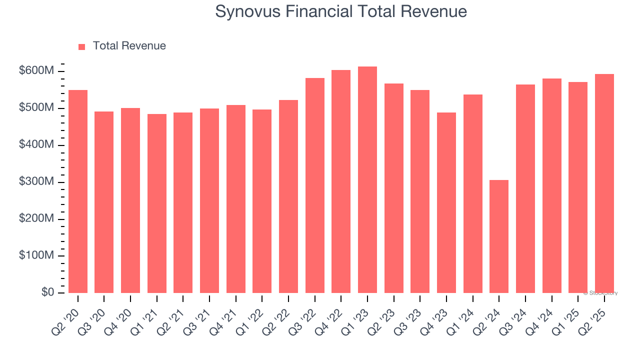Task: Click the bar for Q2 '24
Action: click(x=499, y=236)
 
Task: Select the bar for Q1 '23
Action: click(x=367, y=180)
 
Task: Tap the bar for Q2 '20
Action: click(x=78, y=191)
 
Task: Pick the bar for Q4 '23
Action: click(x=446, y=202)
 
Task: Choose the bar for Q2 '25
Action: click(x=604, y=183)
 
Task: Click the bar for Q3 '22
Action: click(x=315, y=185)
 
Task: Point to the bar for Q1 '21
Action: click(x=157, y=203)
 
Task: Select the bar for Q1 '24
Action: click(x=473, y=193)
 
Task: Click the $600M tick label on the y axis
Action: click(x=36, y=71)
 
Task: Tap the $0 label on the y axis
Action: click(x=47, y=292)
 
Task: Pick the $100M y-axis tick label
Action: click(x=36, y=255)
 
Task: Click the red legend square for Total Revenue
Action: click(x=82, y=46)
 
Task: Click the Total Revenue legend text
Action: click(x=129, y=46)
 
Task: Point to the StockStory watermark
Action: click(x=600, y=293)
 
